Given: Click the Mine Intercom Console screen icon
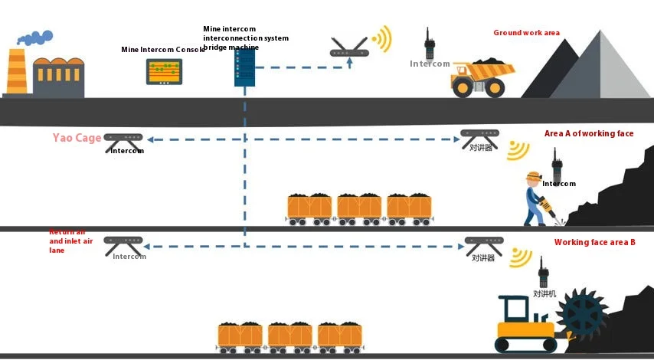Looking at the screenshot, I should coord(164,71).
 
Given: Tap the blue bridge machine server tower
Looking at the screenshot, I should coord(244,68).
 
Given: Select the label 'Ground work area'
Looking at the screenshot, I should coord(526,33).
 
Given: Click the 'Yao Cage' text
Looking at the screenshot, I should coord(77,139).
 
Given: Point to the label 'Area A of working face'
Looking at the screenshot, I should coord(588,133).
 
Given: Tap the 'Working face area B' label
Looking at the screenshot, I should coord(594,243).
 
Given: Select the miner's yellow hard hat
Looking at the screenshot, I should coord(533,177).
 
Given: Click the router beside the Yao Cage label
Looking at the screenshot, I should coord(124,139).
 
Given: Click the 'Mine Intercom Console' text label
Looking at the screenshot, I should coord(163,50).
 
